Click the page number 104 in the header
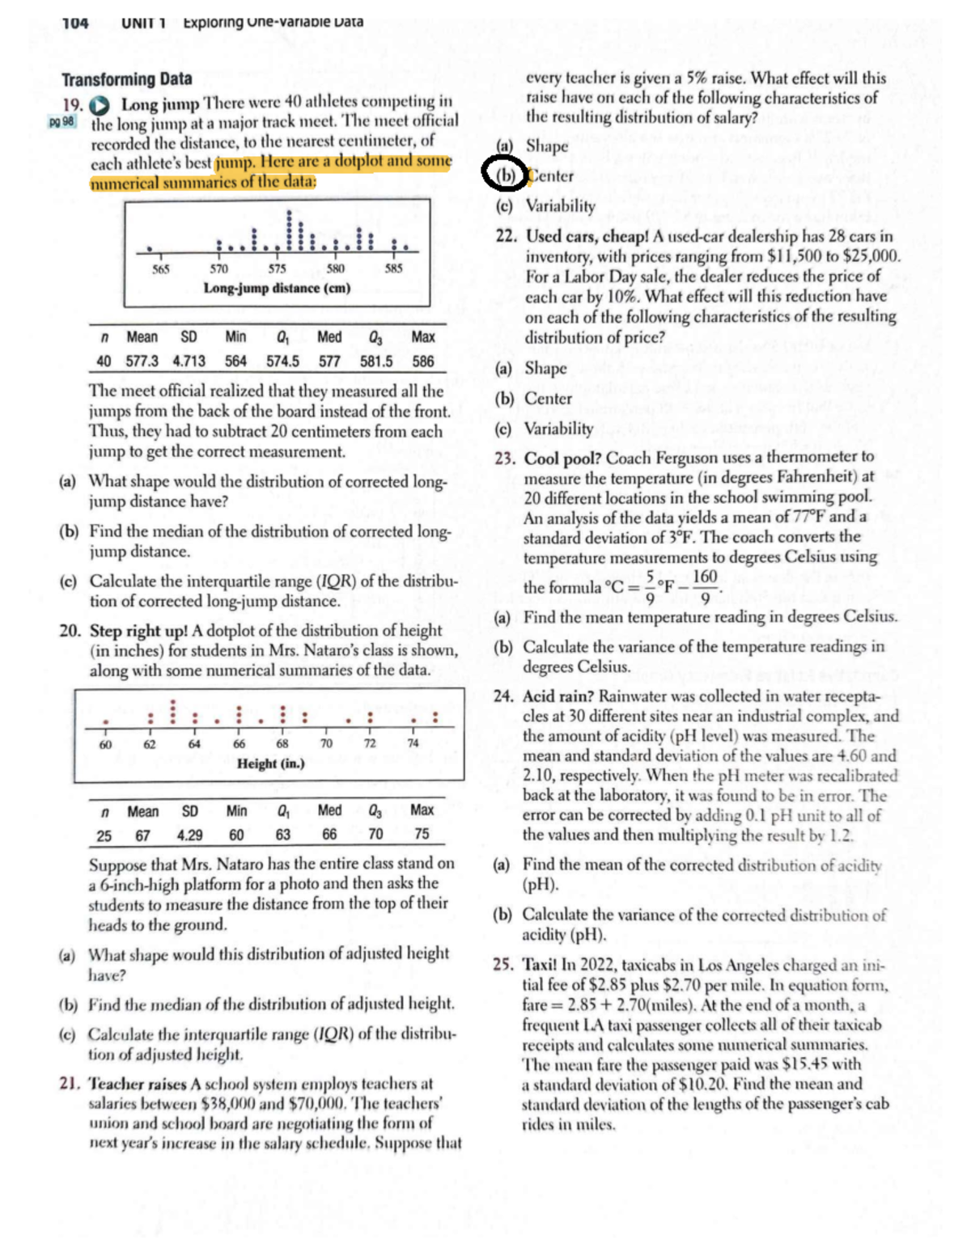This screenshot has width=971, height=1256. coord(75,23)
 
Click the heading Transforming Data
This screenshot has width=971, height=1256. coord(127,79)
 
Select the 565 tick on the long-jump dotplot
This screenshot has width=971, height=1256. coord(161,269)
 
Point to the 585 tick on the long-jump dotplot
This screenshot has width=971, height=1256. coord(393,269)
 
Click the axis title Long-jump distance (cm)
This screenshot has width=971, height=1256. coord(277,289)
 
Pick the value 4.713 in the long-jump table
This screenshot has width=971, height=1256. coord(189,362)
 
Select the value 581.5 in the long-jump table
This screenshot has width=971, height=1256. coord(376,362)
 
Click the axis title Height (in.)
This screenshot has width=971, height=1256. coord(270,763)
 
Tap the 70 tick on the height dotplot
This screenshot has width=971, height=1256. coord(325,743)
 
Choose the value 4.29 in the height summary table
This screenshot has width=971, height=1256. coord(189,835)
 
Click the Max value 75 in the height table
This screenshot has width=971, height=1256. coord(422,834)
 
